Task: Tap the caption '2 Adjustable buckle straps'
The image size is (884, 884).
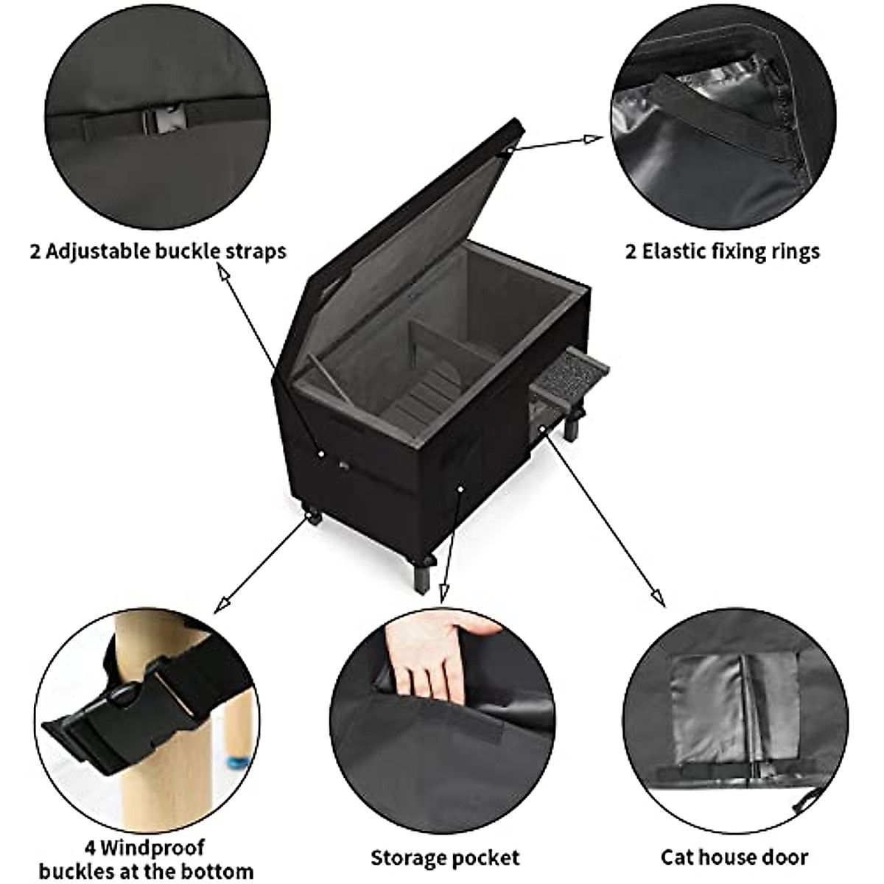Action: pos(158,251)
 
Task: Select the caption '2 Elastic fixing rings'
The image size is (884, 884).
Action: pos(722,251)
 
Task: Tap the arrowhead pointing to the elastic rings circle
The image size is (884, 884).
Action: pos(594,138)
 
